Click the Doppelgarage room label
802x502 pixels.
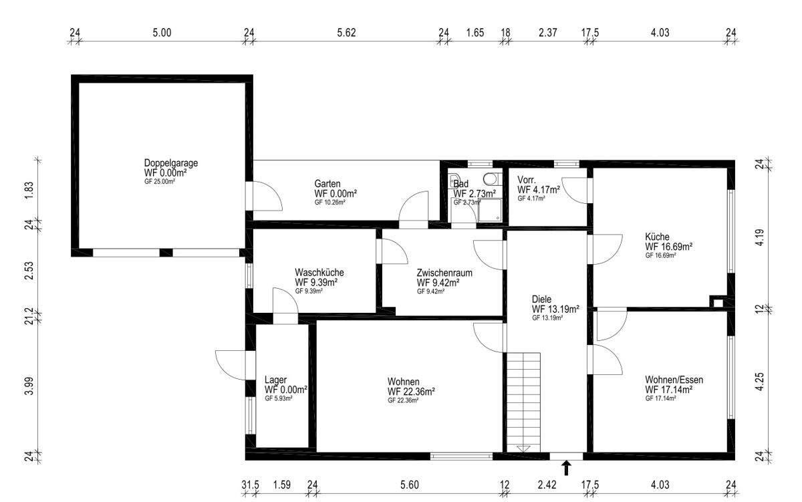pos(171,162)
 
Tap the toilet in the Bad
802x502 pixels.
pos(489,178)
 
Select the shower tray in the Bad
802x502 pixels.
pos(489,210)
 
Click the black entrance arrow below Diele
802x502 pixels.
pos(566,468)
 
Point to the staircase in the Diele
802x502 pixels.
pos(523,402)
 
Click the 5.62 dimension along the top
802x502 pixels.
pos(346,33)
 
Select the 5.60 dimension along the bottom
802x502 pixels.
pos(409,485)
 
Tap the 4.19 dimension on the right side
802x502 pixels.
pos(759,237)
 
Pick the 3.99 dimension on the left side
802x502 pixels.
pos(29,386)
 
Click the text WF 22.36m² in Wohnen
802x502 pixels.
pos(411,391)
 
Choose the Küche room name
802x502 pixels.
pos(657,237)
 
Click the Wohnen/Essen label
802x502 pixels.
pos(674,380)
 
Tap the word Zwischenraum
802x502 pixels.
pos(444,273)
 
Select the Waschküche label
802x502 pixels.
pos(319,273)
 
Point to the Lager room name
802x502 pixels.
pos(275,380)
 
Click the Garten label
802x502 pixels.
pos(327,184)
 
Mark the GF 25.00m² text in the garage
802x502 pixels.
pos(159,182)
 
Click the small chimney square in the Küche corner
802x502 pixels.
pos(718,303)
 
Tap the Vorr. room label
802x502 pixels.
pos(527,180)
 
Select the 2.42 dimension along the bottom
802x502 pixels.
pos(547,485)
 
